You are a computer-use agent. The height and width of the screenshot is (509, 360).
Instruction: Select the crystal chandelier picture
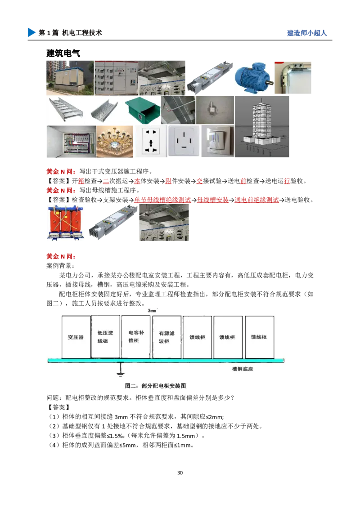115,141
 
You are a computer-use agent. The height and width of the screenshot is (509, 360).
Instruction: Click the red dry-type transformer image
67,223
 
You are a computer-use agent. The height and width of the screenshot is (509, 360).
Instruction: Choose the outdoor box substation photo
68,77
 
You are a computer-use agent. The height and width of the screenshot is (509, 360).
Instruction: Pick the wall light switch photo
218,141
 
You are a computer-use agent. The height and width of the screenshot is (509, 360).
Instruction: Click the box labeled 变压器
76,337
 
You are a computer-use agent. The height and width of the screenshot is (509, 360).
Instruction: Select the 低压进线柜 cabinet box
106,337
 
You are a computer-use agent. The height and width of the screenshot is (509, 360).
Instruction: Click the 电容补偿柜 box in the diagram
136,337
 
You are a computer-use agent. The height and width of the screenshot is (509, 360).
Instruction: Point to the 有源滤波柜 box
166,337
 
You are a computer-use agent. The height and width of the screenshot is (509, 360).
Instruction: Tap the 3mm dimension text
152,310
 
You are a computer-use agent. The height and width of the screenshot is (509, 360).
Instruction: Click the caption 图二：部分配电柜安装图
155,386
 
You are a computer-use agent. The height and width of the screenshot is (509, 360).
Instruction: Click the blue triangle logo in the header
31,32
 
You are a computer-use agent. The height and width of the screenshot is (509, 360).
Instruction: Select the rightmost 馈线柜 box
259,337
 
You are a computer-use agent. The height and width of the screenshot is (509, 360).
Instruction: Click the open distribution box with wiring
70,141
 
